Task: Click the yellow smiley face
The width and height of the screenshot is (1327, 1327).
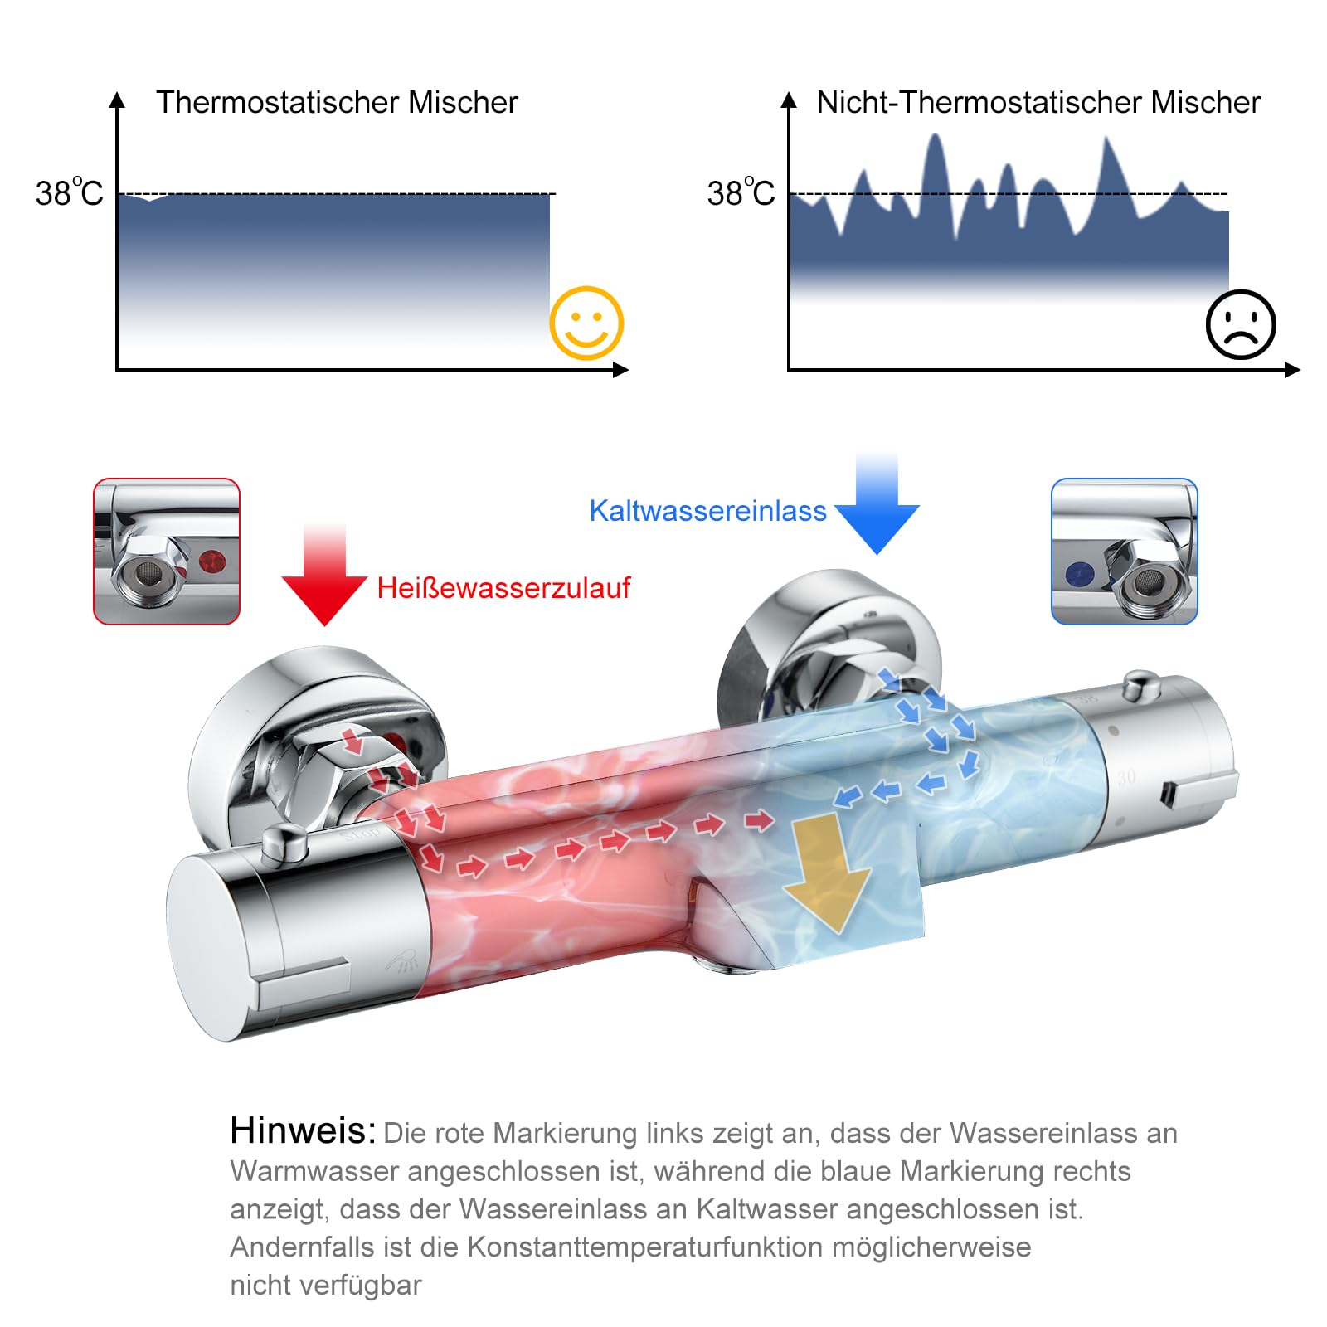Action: click(586, 323)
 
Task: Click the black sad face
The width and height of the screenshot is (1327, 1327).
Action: click(1241, 324)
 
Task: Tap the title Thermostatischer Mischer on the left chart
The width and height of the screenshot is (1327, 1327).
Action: click(337, 103)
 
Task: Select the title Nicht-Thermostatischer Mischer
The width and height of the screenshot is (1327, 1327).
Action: click(1038, 103)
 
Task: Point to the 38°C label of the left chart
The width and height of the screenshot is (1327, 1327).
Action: click(69, 192)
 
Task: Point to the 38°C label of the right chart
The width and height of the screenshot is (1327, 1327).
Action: click(741, 192)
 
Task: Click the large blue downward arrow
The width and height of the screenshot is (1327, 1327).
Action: click(877, 504)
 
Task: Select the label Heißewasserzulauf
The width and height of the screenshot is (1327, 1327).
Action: click(503, 588)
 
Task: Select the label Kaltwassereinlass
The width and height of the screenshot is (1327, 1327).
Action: click(707, 511)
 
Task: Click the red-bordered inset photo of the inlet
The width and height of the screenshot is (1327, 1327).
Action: click(167, 552)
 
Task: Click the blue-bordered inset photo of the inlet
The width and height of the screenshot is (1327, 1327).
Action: click(1125, 552)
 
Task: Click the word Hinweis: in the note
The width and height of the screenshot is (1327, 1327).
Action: click(303, 1130)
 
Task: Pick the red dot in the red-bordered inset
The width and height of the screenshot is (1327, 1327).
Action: click(213, 561)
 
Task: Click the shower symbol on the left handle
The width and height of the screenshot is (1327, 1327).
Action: click(402, 961)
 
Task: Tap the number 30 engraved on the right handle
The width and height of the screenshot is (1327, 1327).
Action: click(1125, 777)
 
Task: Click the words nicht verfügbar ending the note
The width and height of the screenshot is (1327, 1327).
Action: click(326, 1286)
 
